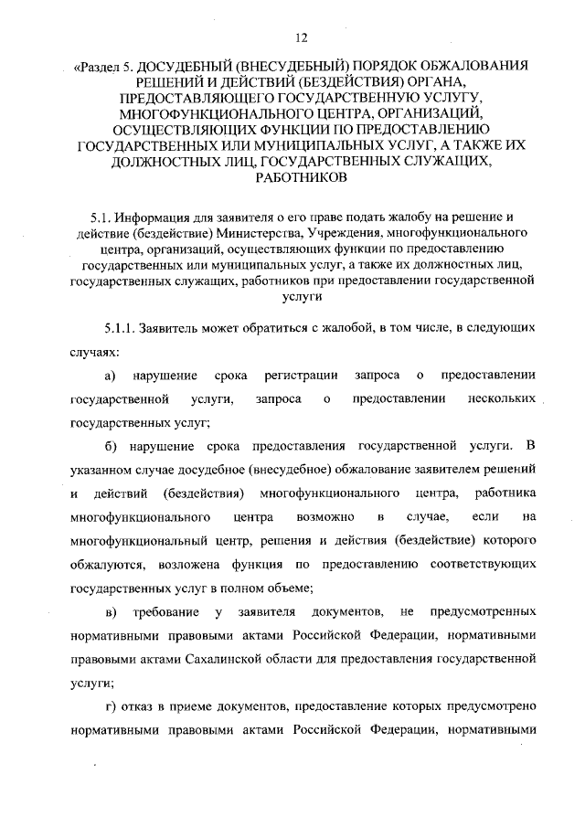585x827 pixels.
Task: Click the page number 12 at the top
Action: tap(301, 37)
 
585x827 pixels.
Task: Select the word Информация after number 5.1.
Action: tap(157, 217)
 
